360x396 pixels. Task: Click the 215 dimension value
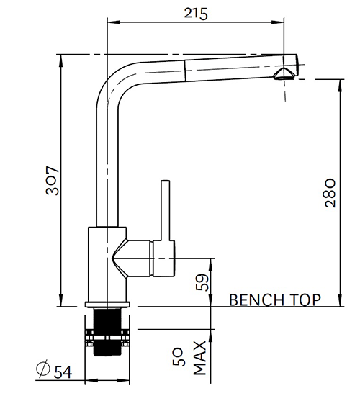coord(194,14)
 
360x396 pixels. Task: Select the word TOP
coord(305,300)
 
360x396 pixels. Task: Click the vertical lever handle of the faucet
coord(164,209)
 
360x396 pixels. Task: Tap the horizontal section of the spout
coord(216,66)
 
